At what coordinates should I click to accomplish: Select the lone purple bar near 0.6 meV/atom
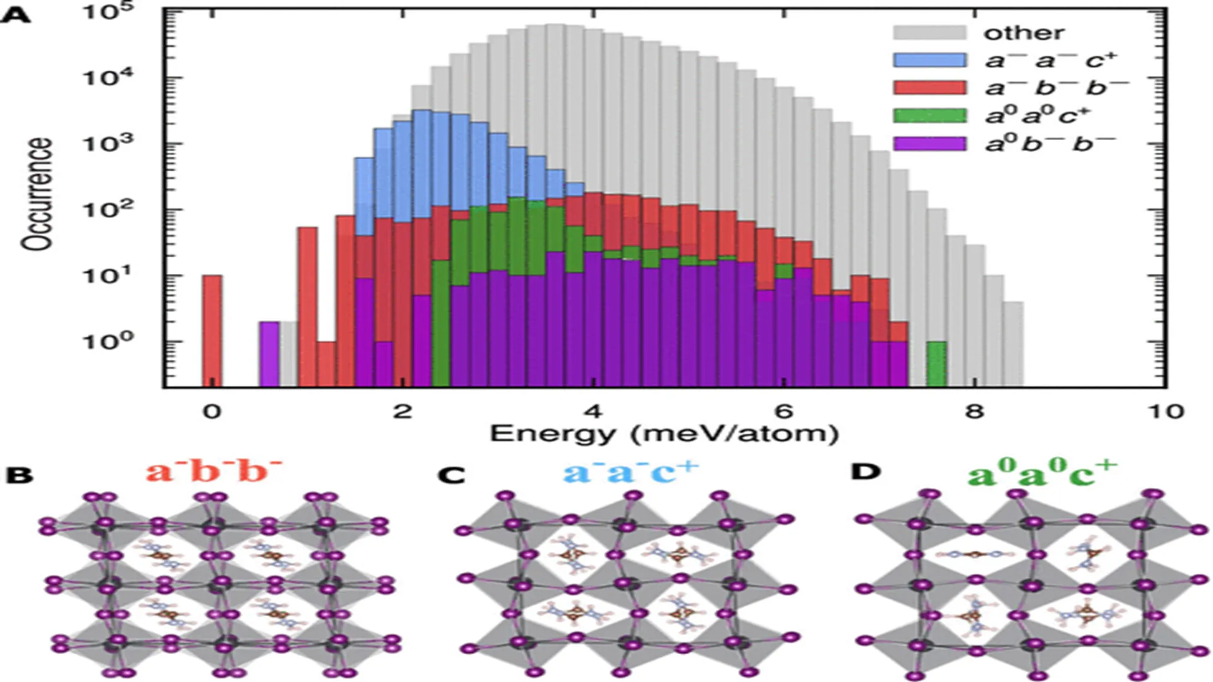(x=269, y=354)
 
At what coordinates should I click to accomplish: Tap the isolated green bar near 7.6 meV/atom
(x=936, y=364)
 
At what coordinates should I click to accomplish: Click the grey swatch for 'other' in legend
(x=929, y=33)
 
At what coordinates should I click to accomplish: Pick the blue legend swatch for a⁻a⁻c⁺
(x=929, y=60)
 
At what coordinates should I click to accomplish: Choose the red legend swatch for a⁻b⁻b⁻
(x=929, y=88)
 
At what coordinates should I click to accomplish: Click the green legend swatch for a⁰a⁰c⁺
(x=929, y=116)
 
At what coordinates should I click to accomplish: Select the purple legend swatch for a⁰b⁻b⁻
(x=929, y=143)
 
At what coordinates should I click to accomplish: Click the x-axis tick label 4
(x=593, y=412)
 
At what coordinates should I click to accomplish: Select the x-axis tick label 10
(x=1165, y=412)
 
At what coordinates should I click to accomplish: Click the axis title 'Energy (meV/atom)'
(x=664, y=434)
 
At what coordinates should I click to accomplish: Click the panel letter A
(x=15, y=14)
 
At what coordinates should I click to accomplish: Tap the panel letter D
(x=866, y=472)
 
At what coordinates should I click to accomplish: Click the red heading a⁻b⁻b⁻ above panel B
(x=214, y=470)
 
